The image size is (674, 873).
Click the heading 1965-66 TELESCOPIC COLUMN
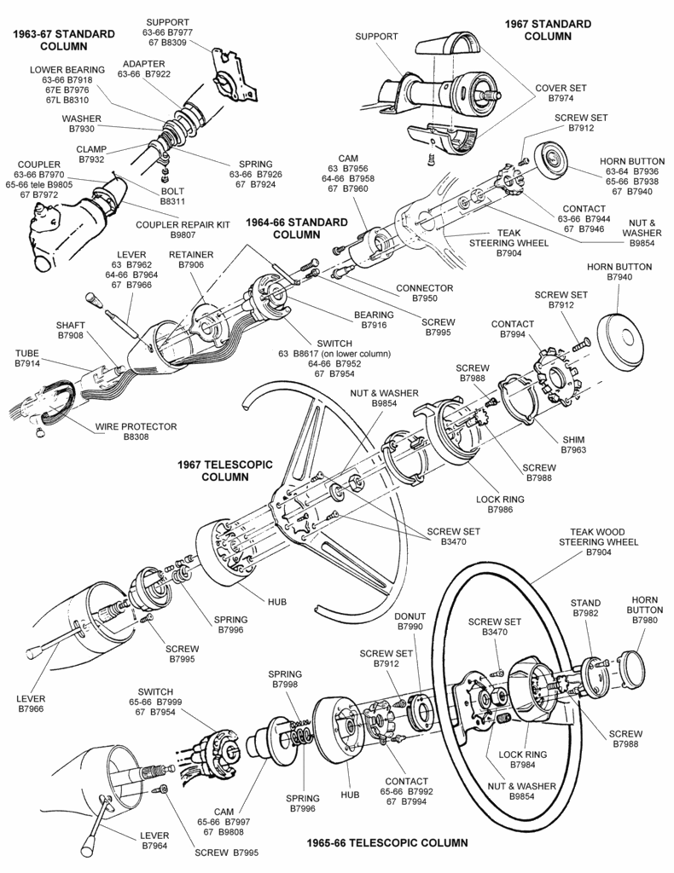pos(387,843)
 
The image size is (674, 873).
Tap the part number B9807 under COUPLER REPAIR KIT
pos(183,234)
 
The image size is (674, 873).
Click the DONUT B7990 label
pos(410,622)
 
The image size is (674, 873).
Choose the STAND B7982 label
pos(586,608)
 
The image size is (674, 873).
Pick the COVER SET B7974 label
pos(559,93)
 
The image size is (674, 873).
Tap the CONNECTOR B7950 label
pos(424,293)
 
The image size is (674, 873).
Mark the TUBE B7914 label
pos(27,358)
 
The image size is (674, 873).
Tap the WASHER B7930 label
pos(82,124)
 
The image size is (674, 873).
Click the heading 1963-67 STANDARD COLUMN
pos(63,40)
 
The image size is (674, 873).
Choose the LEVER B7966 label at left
pos(31,703)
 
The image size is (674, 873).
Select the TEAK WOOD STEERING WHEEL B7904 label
pos(598,542)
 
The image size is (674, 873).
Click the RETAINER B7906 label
pos(191,260)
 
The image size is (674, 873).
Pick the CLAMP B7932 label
pos(91,154)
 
